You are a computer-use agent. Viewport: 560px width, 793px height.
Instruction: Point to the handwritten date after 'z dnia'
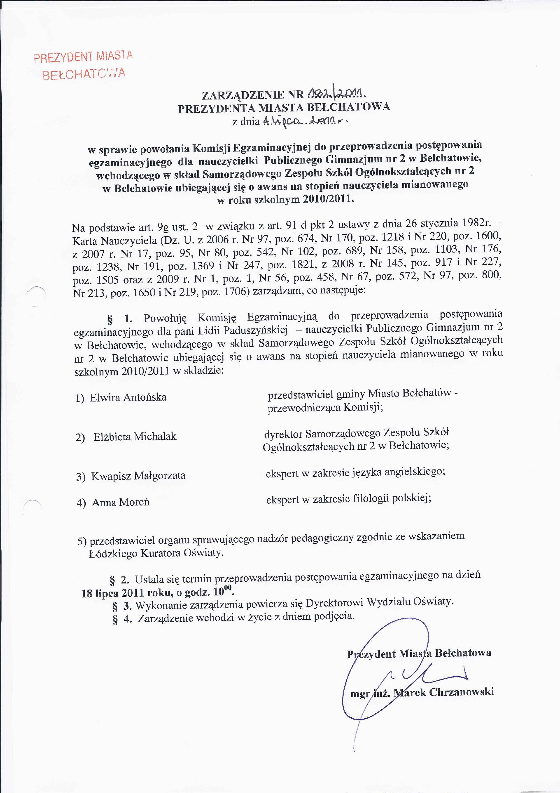click(x=305, y=121)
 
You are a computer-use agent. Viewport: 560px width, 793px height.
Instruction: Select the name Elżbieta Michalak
click(x=135, y=437)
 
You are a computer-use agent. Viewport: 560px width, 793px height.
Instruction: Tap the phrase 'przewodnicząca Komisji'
click(x=325, y=408)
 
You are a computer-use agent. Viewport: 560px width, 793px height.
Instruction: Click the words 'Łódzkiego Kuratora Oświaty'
click(x=156, y=553)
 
